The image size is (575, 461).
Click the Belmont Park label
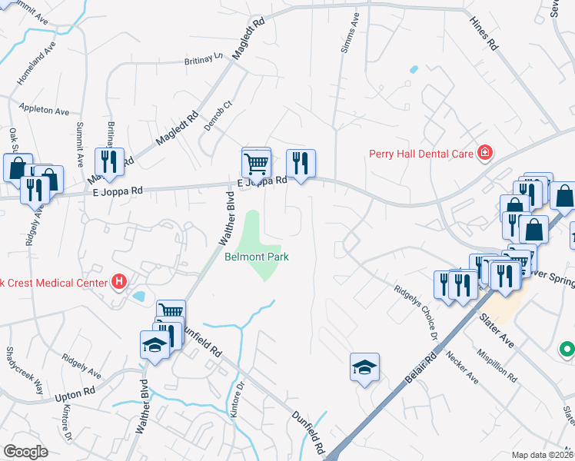[x=257, y=257]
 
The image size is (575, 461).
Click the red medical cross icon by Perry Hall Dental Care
[x=484, y=153]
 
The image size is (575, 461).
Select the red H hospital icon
[x=118, y=283]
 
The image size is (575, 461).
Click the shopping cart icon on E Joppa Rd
[x=256, y=162]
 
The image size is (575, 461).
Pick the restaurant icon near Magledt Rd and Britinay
[x=108, y=161]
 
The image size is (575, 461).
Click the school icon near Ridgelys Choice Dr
[x=364, y=366]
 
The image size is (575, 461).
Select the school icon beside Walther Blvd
[x=155, y=344]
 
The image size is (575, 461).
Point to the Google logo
[x=25, y=452]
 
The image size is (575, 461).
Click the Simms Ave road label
[x=347, y=32]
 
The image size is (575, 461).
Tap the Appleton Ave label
[x=45, y=110]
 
